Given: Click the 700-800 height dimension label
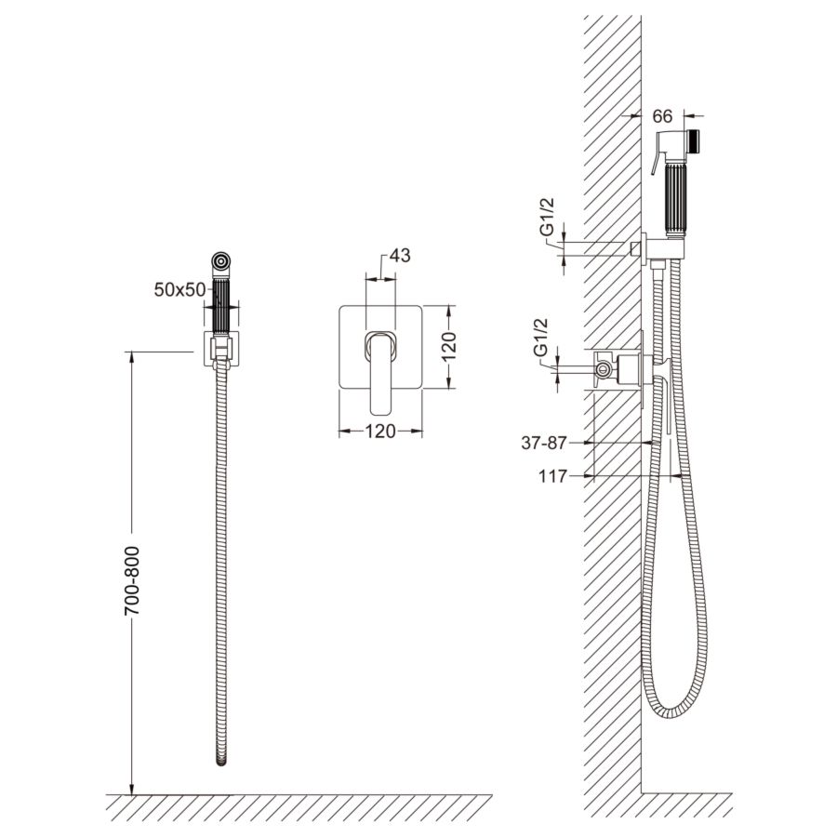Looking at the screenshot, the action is (132, 580).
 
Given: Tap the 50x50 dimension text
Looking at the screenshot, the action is (179, 290).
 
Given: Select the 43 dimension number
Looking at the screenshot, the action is (400, 256).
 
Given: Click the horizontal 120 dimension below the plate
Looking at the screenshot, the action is (380, 431).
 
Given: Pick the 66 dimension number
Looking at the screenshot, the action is (662, 116).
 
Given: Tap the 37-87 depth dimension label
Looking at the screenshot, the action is (543, 443).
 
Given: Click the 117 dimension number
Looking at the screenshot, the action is (552, 476).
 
